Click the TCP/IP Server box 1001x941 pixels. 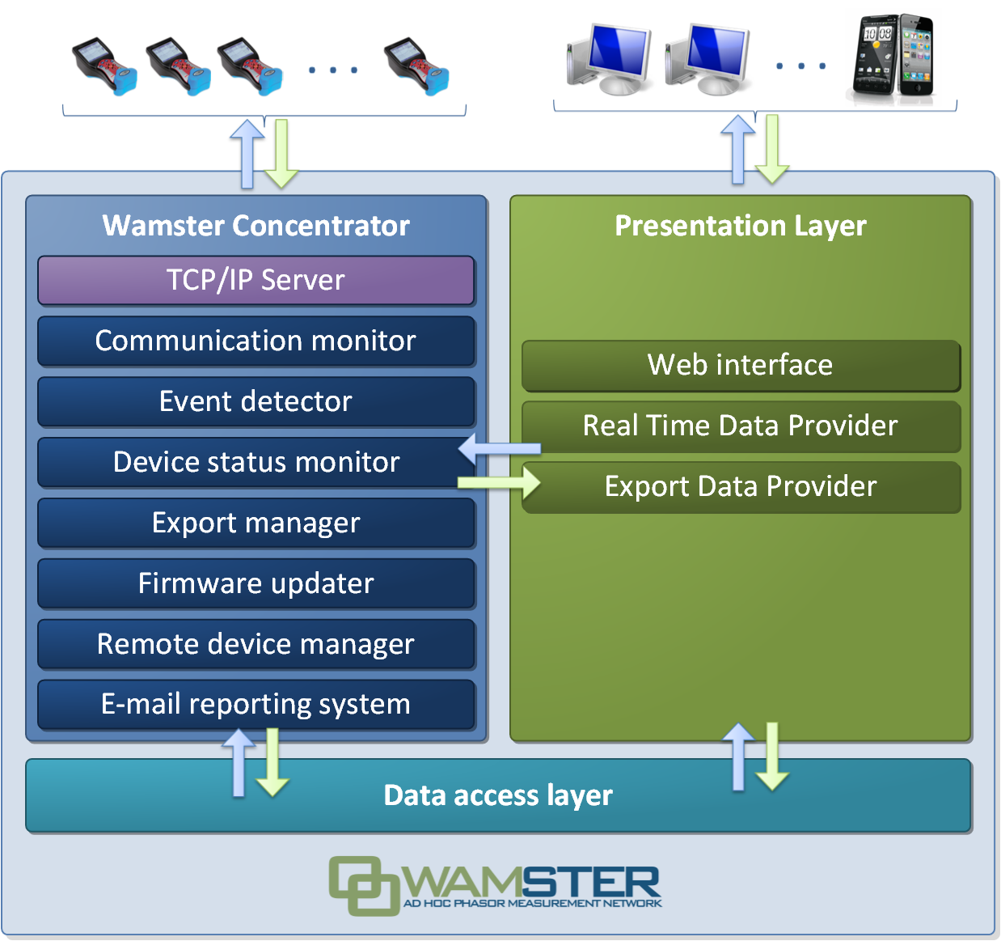pos(256,280)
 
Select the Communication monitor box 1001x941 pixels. pos(256,341)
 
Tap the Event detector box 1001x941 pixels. pos(256,401)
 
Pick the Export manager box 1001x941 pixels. pos(256,523)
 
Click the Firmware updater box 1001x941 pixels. pos(256,583)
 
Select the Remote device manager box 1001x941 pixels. pos(256,644)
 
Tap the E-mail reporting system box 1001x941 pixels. pos(256,704)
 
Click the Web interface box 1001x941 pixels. pos(740,365)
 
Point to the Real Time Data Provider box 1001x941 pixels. pos(740,426)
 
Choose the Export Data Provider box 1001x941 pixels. pos(740,486)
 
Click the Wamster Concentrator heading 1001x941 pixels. pos(256,225)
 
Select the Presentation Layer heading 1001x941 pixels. pos(740,225)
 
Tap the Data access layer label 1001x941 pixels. pos(498,795)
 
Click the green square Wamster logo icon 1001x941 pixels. pos(363,886)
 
